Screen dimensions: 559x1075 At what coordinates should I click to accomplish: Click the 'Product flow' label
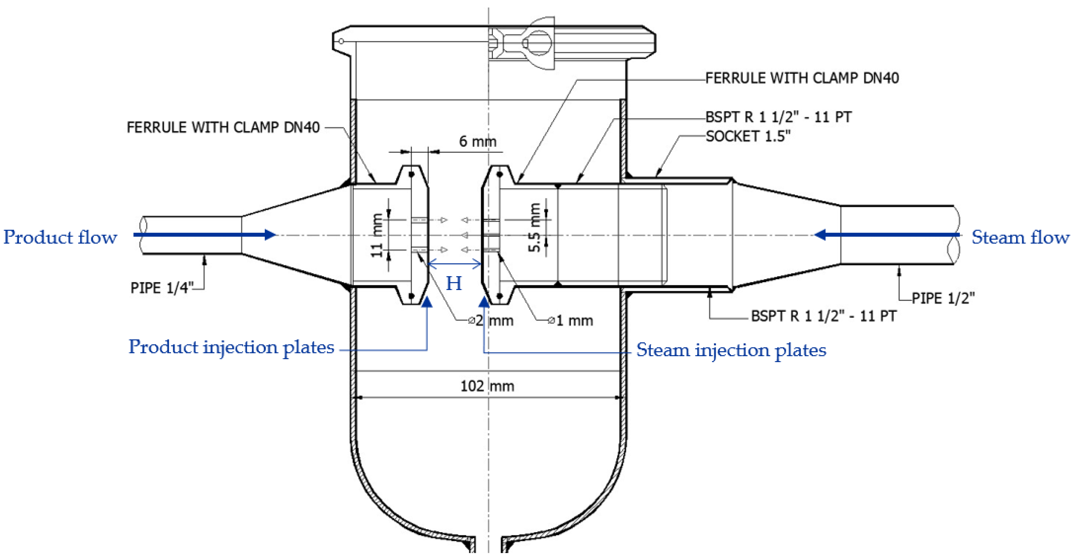coord(60,237)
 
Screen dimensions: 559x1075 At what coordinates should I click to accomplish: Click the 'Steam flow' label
coord(1020,237)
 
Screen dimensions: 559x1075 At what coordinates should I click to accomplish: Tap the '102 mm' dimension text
coord(487,386)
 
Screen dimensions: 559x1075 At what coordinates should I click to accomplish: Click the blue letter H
coord(454,284)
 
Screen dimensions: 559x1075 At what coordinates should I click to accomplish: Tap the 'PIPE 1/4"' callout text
coord(162,288)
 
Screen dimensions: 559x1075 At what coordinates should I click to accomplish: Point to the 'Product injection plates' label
coord(231,347)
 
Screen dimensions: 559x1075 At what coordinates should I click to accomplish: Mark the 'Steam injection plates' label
coord(731,350)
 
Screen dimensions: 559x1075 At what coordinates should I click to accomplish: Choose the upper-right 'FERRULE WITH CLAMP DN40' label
coord(802,78)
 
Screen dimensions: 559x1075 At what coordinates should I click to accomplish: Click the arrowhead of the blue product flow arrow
coord(270,235)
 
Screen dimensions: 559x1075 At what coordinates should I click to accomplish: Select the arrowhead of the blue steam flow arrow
coord(821,235)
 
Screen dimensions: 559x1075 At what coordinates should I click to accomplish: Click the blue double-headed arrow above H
coord(454,264)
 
